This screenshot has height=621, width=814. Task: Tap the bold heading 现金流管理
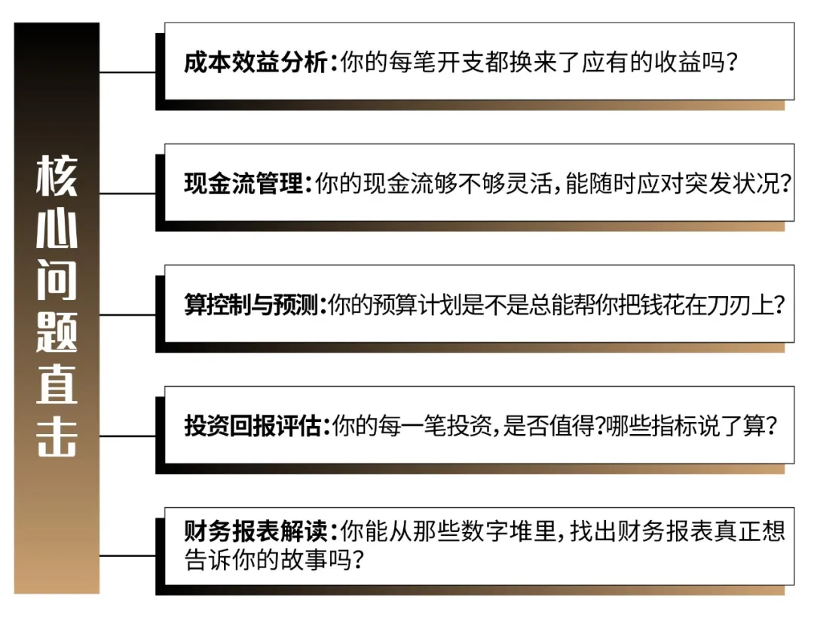[x=243, y=184]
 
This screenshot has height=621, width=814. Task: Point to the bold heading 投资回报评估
[x=253, y=427]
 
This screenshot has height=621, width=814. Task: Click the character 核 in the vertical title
[x=57, y=175]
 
